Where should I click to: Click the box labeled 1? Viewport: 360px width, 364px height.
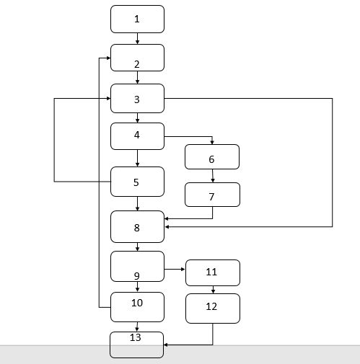pyautogui.click(x=137, y=19)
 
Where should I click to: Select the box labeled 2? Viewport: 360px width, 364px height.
pyautogui.click(x=137, y=58)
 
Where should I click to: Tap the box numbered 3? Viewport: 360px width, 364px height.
pyautogui.click(x=137, y=98)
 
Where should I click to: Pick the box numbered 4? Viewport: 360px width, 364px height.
pyautogui.click(x=137, y=136)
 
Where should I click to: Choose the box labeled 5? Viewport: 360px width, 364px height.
pyautogui.click(x=137, y=182)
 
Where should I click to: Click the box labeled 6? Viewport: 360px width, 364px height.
pyautogui.click(x=212, y=157)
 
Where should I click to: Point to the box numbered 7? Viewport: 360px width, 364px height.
pyautogui.click(x=212, y=195)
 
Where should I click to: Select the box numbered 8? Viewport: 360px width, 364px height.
pyautogui.click(x=137, y=227)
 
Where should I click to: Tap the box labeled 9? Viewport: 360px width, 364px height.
pyautogui.click(x=137, y=266)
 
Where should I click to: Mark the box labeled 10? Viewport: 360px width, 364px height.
pyautogui.click(x=137, y=306)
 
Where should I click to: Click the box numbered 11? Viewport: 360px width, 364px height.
pyautogui.click(x=212, y=272)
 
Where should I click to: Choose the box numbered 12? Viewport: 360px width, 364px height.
pyautogui.click(x=212, y=308)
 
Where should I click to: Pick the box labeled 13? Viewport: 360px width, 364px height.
pyautogui.click(x=137, y=344)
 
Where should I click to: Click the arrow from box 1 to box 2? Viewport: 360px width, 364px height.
pyautogui.click(x=137, y=39)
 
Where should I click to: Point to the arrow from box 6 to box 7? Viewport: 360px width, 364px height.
pyautogui.click(x=212, y=176)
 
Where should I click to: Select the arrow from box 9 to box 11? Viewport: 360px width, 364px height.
pyautogui.click(x=175, y=270)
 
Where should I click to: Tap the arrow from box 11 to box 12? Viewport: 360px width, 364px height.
pyautogui.click(x=212, y=290)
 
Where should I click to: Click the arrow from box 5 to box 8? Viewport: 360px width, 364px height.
pyautogui.click(x=137, y=203)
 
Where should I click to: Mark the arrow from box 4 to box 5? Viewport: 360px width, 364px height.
pyautogui.click(x=137, y=159)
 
